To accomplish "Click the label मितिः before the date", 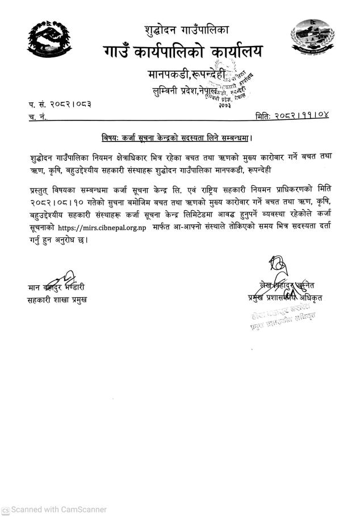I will click(x=265, y=116).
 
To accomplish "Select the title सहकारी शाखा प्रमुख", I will click(x=57, y=299).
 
